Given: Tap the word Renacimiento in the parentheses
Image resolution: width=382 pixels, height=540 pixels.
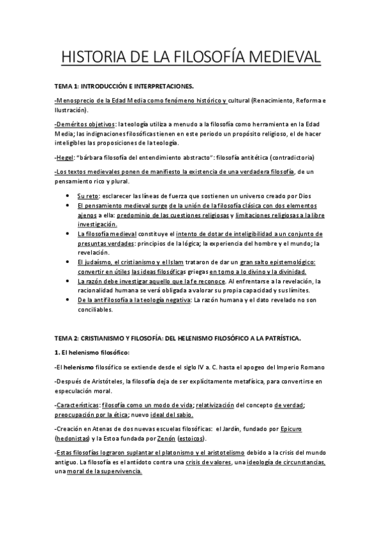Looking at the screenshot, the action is [x=277, y=101].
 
